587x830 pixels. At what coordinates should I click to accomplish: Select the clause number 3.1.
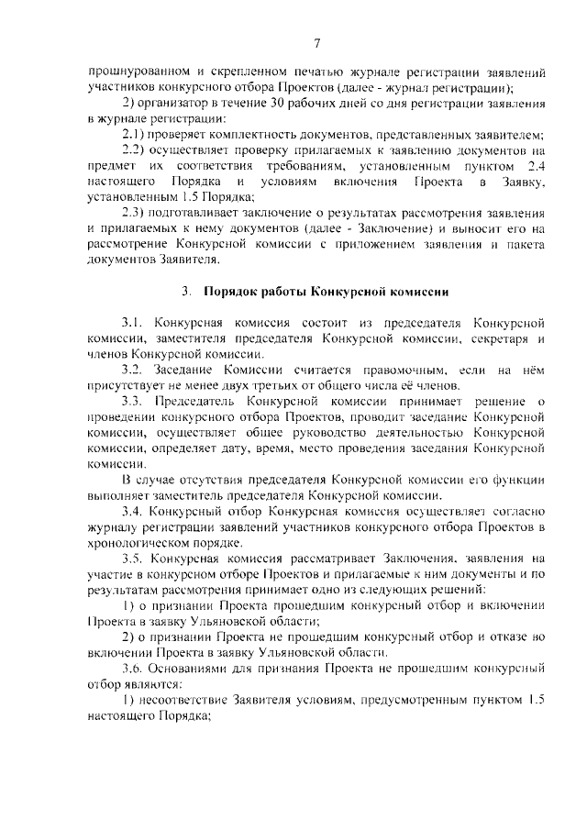(x=134, y=324)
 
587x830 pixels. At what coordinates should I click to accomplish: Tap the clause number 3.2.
(x=134, y=369)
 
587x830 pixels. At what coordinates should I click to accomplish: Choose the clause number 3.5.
(x=134, y=558)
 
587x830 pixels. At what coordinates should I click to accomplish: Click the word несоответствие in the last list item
(x=187, y=701)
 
